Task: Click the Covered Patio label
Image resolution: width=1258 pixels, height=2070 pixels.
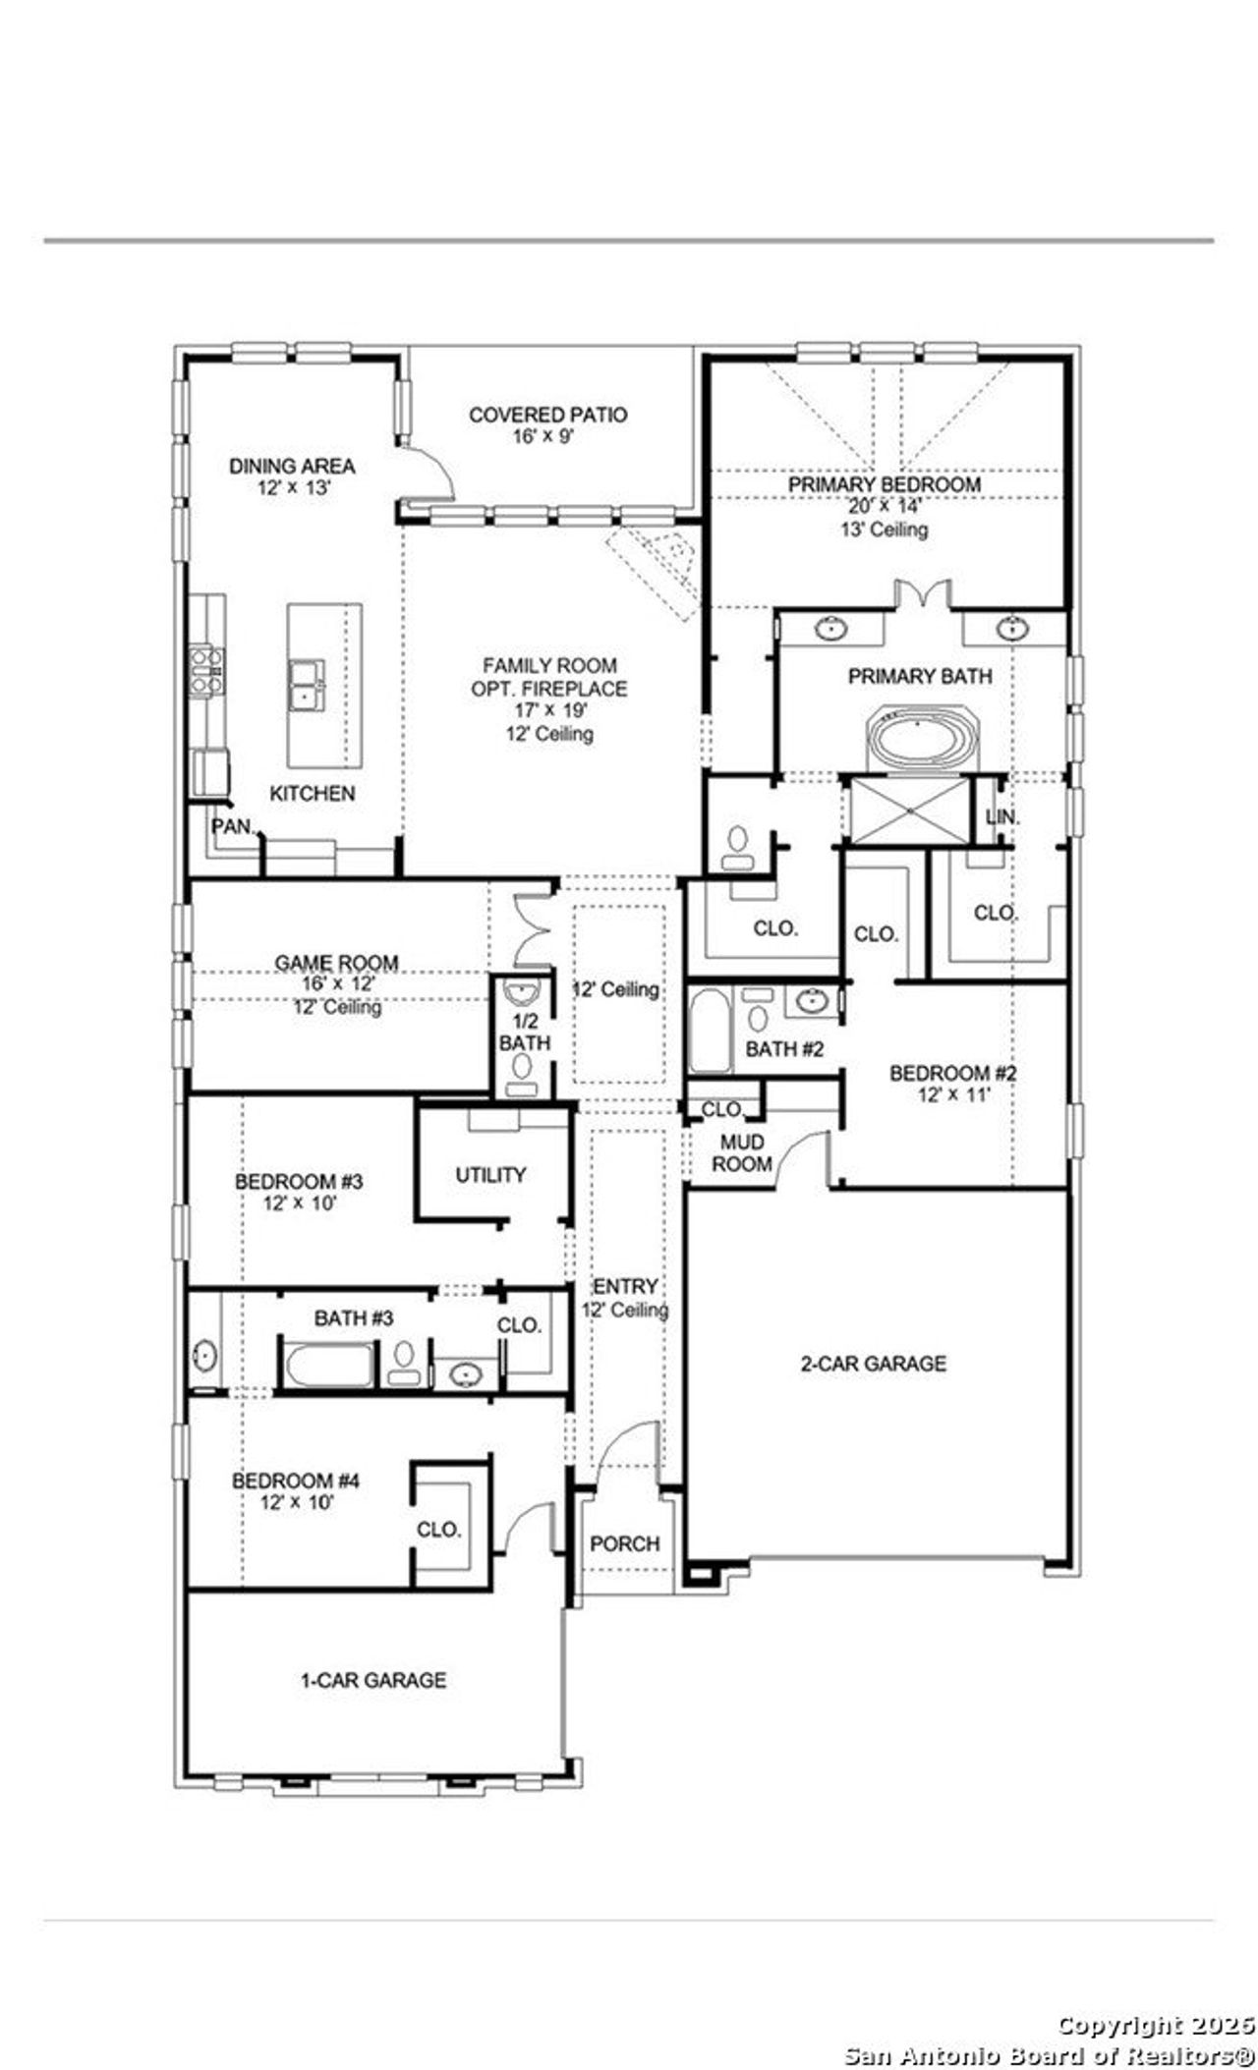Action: click(547, 415)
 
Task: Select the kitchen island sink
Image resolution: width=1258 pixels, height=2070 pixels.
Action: click(307, 683)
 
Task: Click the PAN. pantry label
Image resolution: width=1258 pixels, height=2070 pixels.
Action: click(234, 826)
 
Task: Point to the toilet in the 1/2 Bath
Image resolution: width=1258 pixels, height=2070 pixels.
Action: click(522, 1066)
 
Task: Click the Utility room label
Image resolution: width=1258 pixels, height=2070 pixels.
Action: click(490, 1174)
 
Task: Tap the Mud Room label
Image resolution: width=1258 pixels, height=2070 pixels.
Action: click(742, 1153)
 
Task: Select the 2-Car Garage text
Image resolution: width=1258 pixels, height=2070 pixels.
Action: click(873, 1363)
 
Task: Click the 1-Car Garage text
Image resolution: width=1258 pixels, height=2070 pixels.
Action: click(373, 1680)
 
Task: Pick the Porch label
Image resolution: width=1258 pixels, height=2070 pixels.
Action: click(624, 1543)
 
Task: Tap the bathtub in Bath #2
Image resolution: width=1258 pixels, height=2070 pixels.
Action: click(709, 1032)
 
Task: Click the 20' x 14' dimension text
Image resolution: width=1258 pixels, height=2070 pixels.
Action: click(884, 507)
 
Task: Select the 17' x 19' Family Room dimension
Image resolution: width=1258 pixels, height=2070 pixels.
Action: click(548, 710)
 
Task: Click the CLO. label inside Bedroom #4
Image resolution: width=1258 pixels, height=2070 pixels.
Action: click(438, 1530)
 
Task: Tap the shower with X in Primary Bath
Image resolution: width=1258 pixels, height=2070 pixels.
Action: click(910, 811)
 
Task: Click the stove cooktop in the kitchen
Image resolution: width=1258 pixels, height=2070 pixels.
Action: click(205, 669)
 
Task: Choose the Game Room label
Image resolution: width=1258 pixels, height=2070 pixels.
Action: click(336, 963)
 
